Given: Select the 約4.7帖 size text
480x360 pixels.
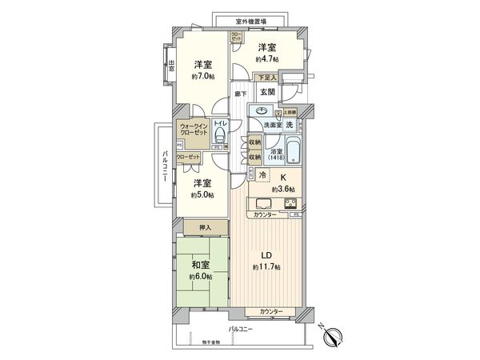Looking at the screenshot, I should [267, 59].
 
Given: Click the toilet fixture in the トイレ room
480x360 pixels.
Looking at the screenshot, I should [222, 138].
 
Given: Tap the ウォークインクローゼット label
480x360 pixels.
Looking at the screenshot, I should [196, 130].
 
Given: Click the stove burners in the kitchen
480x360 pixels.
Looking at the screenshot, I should [289, 202].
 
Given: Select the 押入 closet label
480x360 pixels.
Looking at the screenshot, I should [205, 228].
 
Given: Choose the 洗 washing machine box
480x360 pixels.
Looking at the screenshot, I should [290, 125].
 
